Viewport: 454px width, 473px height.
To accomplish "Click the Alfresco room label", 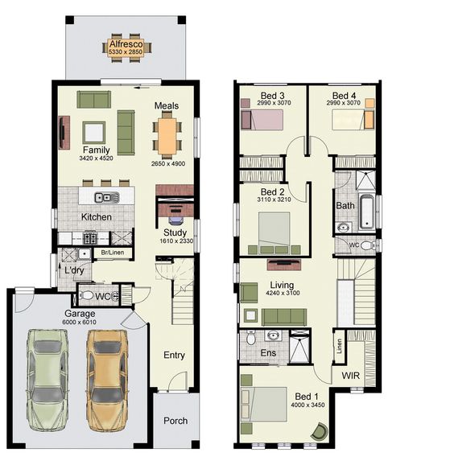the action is pyautogui.click(x=126, y=44).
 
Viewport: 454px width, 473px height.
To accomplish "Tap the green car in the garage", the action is pyautogui.click(x=47, y=380).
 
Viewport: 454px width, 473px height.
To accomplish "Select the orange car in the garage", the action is pyautogui.click(x=107, y=380).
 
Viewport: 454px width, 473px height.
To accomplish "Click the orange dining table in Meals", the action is pyautogui.click(x=167, y=136).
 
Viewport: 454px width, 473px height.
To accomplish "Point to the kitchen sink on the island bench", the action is pyautogui.click(x=107, y=197).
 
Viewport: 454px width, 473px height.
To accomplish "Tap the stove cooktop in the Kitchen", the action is pyautogui.click(x=90, y=238).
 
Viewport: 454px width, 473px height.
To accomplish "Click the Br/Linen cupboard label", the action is pyautogui.click(x=113, y=253).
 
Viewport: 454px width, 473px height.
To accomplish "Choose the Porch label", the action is pyautogui.click(x=175, y=421).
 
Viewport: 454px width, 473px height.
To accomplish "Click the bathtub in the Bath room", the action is pyautogui.click(x=367, y=212).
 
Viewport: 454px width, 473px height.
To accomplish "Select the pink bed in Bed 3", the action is pyautogui.click(x=262, y=120).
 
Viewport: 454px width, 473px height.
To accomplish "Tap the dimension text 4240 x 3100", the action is pyautogui.click(x=283, y=293).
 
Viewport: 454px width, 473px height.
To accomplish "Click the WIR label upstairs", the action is pyautogui.click(x=350, y=376).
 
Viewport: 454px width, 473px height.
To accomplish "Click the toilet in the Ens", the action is pyautogui.click(x=250, y=338).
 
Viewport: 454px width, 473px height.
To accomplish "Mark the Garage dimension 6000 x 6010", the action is pyautogui.click(x=80, y=322).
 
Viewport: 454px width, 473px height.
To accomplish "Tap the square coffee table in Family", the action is pyautogui.click(x=94, y=133).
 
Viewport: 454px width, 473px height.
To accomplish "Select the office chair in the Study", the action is pyautogui.click(x=176, y=220).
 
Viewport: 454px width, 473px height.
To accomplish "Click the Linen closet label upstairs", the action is pyautogui.click(x=339, y=346).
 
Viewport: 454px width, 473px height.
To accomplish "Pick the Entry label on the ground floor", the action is pyautogui.click(x=174, y=355).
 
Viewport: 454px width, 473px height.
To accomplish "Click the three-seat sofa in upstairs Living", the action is pyautogui.click(x=284, y=317).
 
